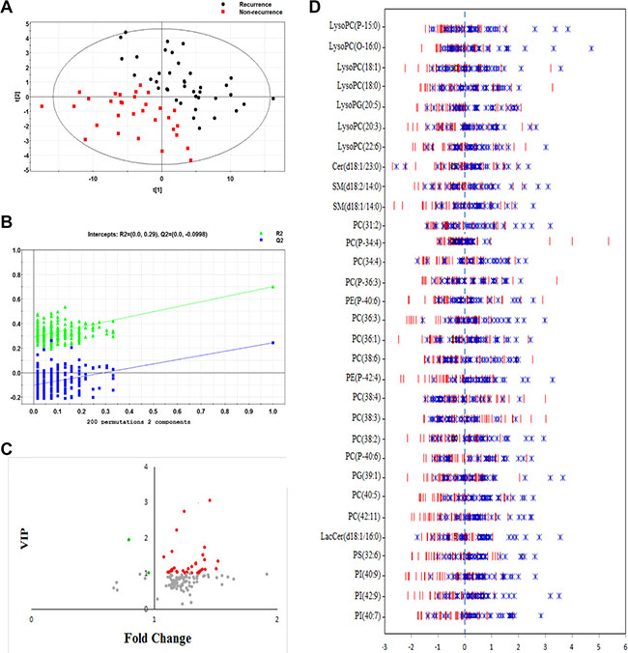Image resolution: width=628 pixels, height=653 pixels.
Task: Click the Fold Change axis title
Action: [x=156, y=639]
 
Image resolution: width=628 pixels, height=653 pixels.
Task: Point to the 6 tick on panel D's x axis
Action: [x=624, y=645]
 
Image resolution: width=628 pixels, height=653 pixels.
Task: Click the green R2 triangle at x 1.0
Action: [x=273, y=286]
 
